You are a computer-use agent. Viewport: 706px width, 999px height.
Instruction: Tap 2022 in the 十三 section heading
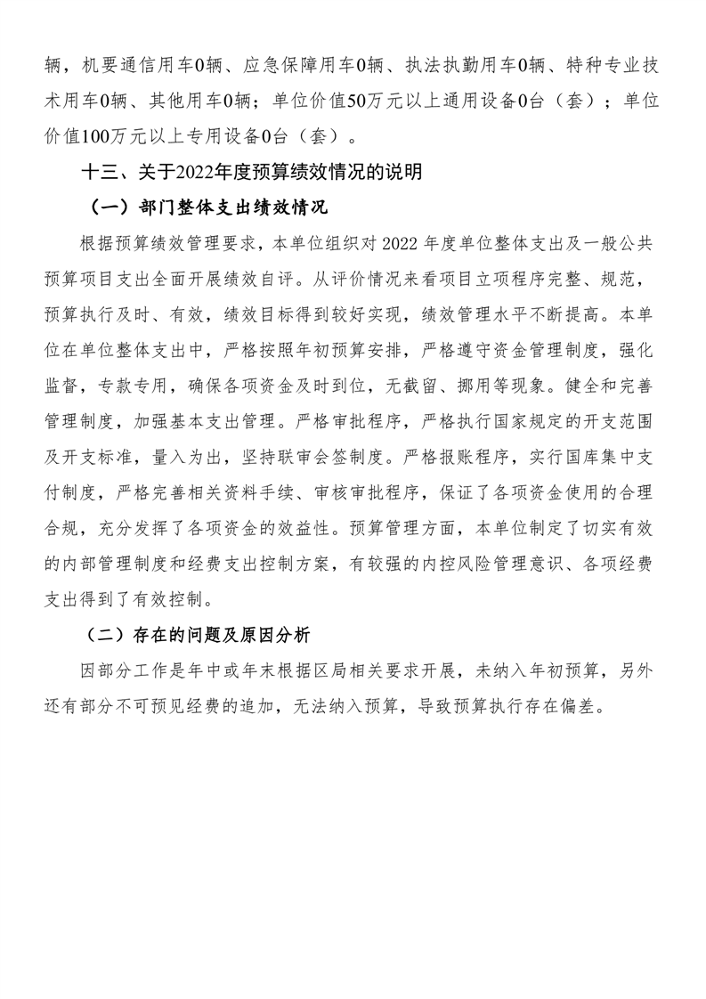pyautogui.click(x=194, y=173)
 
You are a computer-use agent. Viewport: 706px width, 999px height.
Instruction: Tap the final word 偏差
pyautogui.click(x=583, y=709)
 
